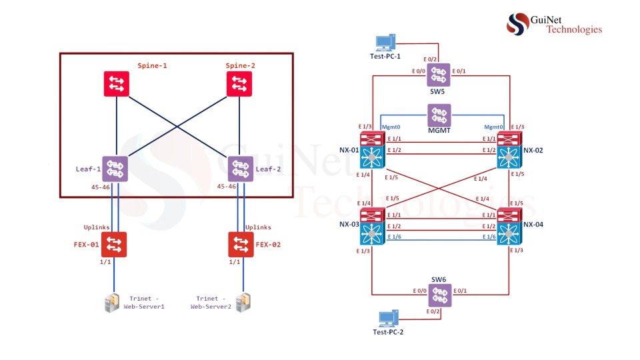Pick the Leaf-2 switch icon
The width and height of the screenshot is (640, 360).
click(x=240, y=169)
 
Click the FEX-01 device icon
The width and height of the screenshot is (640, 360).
click(x=114, y=244)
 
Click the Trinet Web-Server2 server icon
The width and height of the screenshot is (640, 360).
click(x=246, y=303)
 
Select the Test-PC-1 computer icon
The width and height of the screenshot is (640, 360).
click(x=385, y=43)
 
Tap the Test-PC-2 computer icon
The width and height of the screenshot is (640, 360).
click(x=386, y=319)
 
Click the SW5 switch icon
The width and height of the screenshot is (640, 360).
click(x=439, y=75)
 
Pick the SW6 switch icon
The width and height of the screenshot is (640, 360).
click(x=439, y=295)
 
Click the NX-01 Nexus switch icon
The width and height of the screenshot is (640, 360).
click(x=371, y=150)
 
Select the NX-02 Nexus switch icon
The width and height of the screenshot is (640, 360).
click(x=509, y=150)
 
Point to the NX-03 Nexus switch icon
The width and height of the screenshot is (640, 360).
click(x=371, y=227)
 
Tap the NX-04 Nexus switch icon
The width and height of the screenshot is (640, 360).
click(x=509, y=227)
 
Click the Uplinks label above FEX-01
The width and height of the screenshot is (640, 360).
click(x=97, y=227)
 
